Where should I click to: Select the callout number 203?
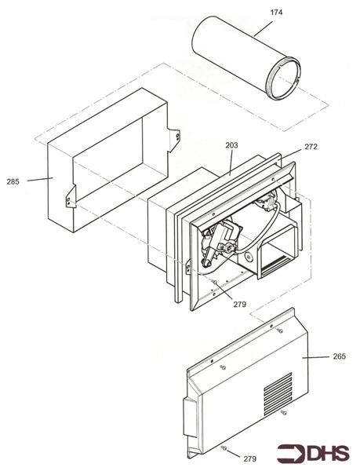coord(231,145)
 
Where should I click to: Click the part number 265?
coord(339,358)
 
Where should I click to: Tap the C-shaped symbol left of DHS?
coord(292,453)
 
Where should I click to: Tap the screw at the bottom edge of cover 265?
coord(224,448)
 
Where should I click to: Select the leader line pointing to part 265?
coord(318,358)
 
